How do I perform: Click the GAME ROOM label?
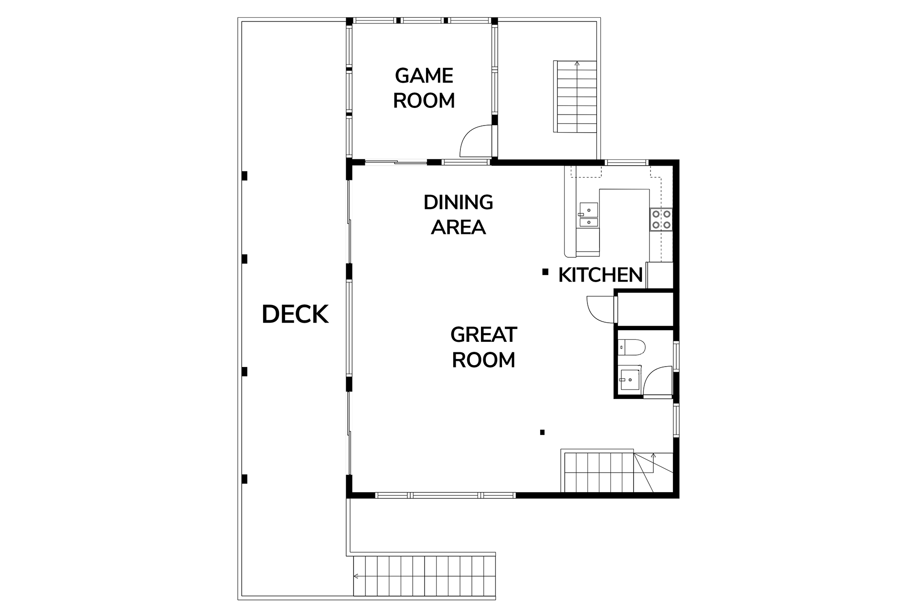(x=424, y=88)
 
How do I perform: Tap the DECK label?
(x=295, y=314)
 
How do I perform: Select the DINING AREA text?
(x=458, y=215)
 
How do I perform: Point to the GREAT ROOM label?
(x=483, y=348)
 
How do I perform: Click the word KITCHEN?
(x=600, y=275)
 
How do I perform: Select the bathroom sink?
(x=629, y=379)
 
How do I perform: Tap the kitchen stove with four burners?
(x=661, y=220)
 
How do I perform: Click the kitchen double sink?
(x=588, y=215)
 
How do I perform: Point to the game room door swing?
(x=475, y=141)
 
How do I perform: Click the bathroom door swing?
(x=658, y=382)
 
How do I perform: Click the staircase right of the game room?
(x=576, y=96)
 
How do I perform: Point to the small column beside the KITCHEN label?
(x=545, y=272)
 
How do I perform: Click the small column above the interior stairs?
(x=542, y=432)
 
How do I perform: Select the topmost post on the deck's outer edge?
(x=245, y=176)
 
